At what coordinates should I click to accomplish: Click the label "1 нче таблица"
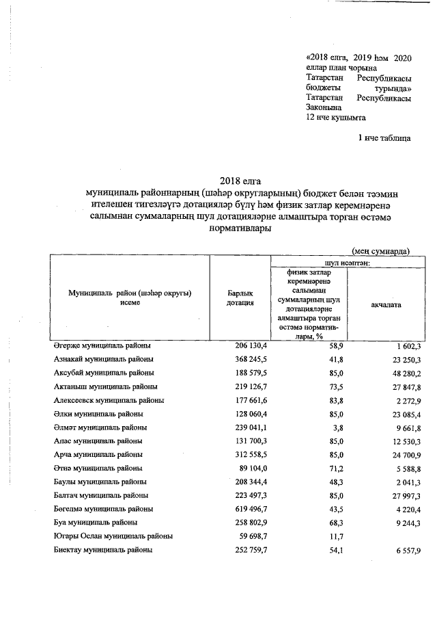pos(384,138)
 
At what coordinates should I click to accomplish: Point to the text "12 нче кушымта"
pos(337,117)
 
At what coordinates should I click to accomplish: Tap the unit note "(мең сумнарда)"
pos(381,251)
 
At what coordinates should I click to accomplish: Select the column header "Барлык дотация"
pos(240,298)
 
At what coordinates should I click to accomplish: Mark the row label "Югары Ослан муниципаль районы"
pos(113,536)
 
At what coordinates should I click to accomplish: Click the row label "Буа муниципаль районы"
pos(96,523)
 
